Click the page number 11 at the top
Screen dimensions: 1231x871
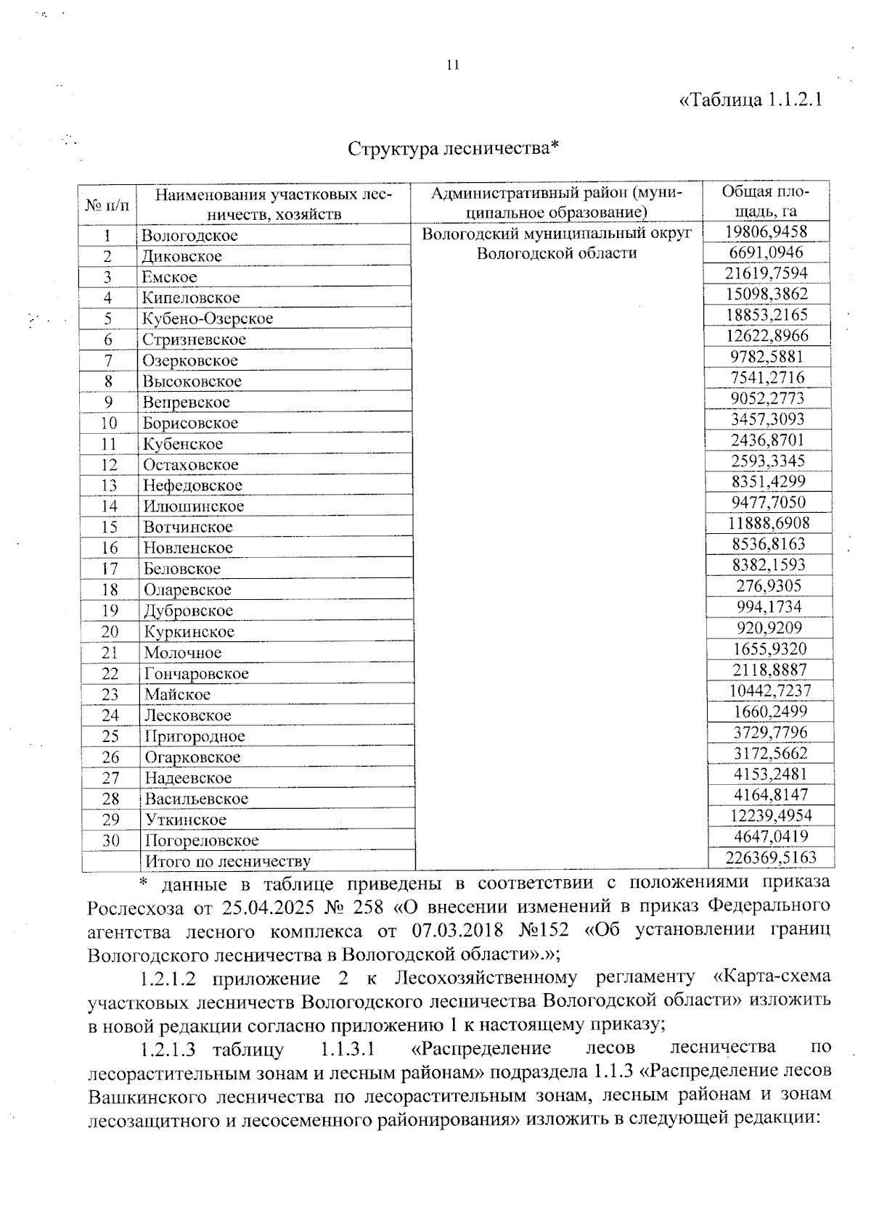tap(453, 65)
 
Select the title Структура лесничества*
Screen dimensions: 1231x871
tap(453, 149)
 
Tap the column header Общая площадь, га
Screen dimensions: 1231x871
tap(765, 201)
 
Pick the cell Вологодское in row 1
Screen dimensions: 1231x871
tap(190, 236)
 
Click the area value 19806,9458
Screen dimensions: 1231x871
tap(766, 231)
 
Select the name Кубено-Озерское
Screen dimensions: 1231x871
tap(208, 318)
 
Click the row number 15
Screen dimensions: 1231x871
tap(109, 527)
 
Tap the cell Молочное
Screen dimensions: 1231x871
tap(183, 653)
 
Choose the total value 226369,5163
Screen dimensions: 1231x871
tap(771, 857)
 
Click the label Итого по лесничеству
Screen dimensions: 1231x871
tap(228, 862)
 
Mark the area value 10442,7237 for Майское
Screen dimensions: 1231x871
tap(769, 691)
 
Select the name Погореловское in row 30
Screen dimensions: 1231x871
tap(202, 841)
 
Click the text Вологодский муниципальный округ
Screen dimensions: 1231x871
tap(557, 234)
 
